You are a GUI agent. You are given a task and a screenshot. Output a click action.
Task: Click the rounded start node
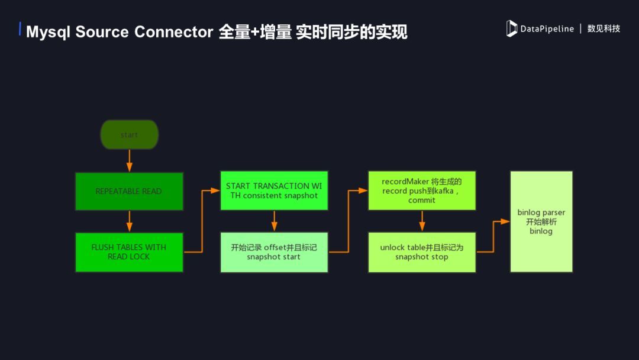pos(129,134)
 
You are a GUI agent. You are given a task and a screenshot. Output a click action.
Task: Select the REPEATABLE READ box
pos(129,191)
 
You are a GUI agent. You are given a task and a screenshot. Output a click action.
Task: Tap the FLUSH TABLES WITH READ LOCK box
pos(129,252)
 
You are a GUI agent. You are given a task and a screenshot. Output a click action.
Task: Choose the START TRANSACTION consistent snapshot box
pos(274,191)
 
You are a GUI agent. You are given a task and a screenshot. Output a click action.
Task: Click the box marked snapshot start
pos(274,252)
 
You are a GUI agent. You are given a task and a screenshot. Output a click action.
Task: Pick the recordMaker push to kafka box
pos(421,191)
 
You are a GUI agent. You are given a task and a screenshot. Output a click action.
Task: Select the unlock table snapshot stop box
pos(421,252)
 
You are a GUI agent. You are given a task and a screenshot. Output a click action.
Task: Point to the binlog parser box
pos(541,221)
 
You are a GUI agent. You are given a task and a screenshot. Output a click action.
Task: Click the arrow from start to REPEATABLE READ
pos(129,160)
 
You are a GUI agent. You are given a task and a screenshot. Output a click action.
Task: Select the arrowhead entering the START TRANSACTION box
pos(216,191)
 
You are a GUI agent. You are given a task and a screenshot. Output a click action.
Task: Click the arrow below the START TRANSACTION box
pos(274,221)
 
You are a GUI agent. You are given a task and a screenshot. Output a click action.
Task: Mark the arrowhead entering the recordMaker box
pos(363,191)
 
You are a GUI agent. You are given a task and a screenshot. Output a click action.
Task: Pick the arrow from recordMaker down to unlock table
pos(421,221)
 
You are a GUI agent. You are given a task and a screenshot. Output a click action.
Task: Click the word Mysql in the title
pos(48,31)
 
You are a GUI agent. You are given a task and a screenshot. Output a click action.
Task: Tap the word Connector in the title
pos(173,31)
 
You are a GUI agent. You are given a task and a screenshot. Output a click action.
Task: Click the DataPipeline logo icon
pos(512,28)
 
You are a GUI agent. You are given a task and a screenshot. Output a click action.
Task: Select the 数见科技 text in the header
pos(603,28)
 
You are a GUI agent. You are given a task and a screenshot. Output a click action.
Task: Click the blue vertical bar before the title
pos(21,29)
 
